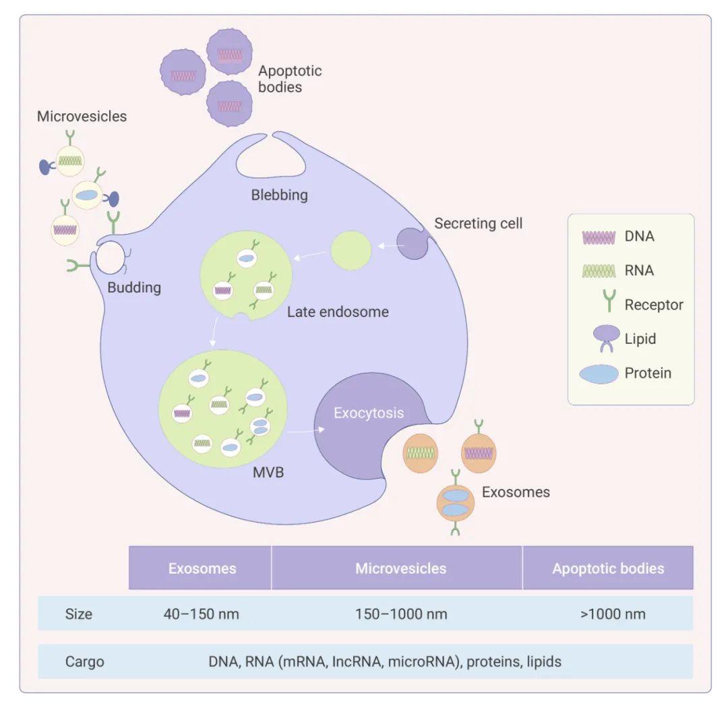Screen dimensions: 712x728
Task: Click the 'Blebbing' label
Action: (x=279, y=196)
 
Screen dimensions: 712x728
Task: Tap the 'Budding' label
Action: (x=134, y=288)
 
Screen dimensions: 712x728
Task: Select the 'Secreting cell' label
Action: (x=478, y=223)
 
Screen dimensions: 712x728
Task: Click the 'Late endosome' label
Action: (x=338, y=312)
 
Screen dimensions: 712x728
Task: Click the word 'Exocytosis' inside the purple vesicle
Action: (x=369, y=413)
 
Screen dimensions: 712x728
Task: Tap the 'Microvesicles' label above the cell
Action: (x=82, y=116)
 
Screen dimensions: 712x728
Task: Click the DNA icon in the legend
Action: (x=599, y=237)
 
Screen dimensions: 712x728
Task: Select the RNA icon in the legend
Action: (x=599, y=270)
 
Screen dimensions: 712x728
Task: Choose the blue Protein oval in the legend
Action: (x=599, y=373)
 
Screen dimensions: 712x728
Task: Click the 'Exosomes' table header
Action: (x=202, y=568)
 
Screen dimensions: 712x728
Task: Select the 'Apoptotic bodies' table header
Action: (x=608, y=568)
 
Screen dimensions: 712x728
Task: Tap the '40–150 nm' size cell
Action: (x=201, y=614)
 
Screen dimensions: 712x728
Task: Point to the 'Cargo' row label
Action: (x=85, y=661)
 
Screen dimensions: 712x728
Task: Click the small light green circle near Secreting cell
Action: (x=351, y=250)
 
